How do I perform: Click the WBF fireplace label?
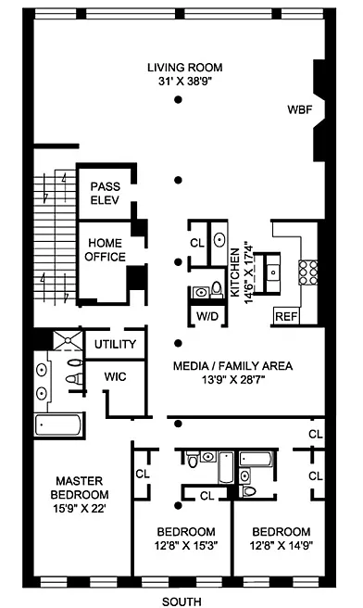click(299, 109)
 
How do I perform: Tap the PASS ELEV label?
click(105, 193)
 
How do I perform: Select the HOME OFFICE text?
click(105, 249)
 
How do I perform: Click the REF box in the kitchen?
click(286, 316)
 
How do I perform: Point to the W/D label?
click(207, 316)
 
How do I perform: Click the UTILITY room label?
click(115, 344)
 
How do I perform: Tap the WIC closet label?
click(115, 376)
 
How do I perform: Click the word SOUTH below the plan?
click(181, 602)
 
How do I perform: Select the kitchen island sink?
click(273, 272)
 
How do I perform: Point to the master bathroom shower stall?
click(68, 339)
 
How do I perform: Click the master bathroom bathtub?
click(59, 425)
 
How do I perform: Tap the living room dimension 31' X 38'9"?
click(185, 82)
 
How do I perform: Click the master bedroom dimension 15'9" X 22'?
click(80, 508)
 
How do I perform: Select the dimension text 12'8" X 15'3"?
click(186, 546)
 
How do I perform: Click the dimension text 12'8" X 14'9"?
click(282, 546)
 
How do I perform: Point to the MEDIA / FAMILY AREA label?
click(232, 366)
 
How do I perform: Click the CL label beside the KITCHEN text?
click(197, 243)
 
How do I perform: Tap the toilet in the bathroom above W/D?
click(217, 289)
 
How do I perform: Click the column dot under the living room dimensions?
click(178, 100)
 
